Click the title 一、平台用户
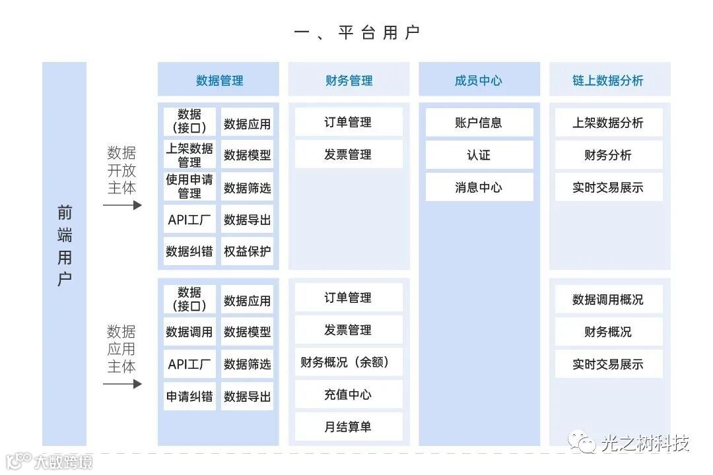[356, 32]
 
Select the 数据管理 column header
[219, 80]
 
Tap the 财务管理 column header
[349, 80]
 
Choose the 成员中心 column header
[479, 80]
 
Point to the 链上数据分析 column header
[608, 80]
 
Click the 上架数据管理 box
[189, 155]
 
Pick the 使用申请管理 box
[189, 187]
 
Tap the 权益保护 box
[247, 251]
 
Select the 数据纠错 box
[189, 251]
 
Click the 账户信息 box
[479, 123]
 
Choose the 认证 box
[479, 155]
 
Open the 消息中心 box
[479, 187]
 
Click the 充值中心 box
[349, 395]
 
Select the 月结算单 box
[349, 427]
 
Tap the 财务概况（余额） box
[349, 362]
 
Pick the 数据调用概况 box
[608, 300]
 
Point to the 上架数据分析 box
[608, 123]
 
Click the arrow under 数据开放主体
[122, 205]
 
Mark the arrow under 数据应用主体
[122, 384]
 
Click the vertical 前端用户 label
[64, 245]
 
